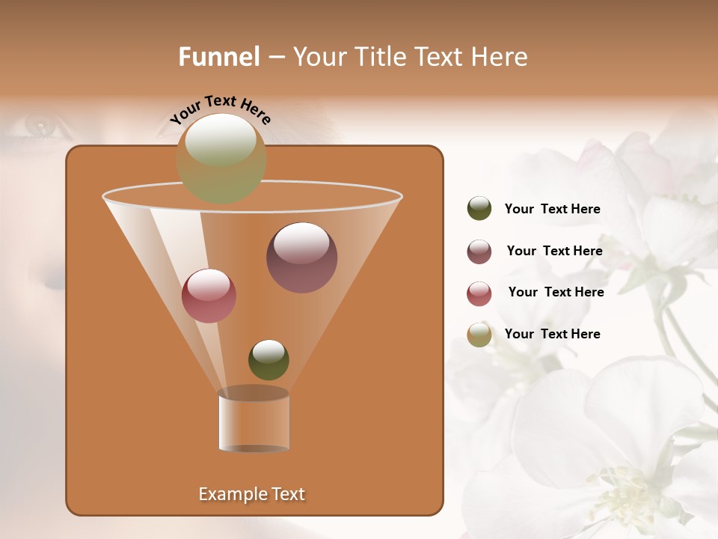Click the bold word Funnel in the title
coord(219,57)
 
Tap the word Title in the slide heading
coord(379,57)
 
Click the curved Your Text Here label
coord(221,109)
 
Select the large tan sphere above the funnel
coord(221,159)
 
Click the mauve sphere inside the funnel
coord(301,258)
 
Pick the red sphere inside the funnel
coord(209,296)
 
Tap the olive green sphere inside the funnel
coord(269,359)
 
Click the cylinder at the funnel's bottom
coord(254,421)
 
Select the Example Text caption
coord(251,494)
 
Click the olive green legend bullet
coord(479,209)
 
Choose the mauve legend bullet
coord(479,252)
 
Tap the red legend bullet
coord(479,293)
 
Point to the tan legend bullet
coord(479,335)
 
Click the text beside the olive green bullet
coord(552,209)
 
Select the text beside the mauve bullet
coord(554,251)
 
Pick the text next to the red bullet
coord(556,292)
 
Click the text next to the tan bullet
coord(552,334)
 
